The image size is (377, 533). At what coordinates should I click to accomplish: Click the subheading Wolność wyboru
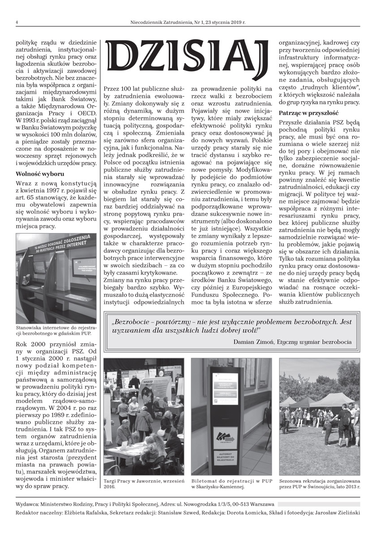[x=40, y=174]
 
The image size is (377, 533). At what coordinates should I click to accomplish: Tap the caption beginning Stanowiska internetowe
[x=56, y=330]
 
